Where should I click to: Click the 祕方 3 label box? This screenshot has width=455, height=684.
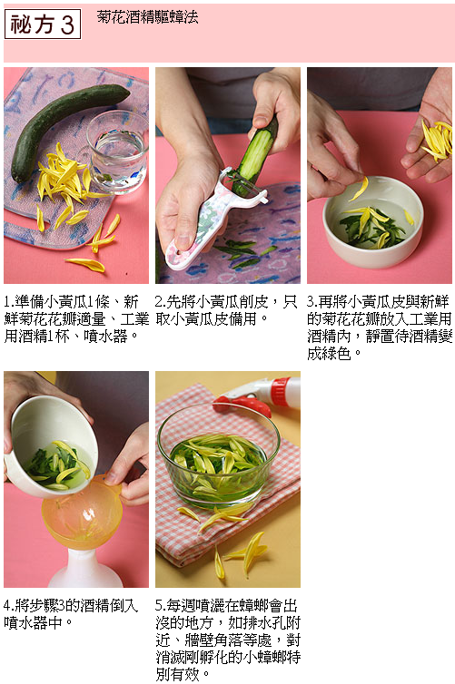click(43, 24)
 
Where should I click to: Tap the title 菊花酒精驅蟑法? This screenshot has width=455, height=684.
click(147, 16)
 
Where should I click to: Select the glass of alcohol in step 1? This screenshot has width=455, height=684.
click(117, 151)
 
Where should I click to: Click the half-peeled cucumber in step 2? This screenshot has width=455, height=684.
click(257, 156)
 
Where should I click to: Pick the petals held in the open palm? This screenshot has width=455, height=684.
click(438, 140)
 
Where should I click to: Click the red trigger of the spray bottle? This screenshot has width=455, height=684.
click(242, 405)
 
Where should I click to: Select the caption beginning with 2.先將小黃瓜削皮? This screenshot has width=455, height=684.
click(226, 310)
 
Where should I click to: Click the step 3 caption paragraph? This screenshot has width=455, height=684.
click(379, 327)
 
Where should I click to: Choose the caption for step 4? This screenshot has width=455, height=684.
click(70, 614)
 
